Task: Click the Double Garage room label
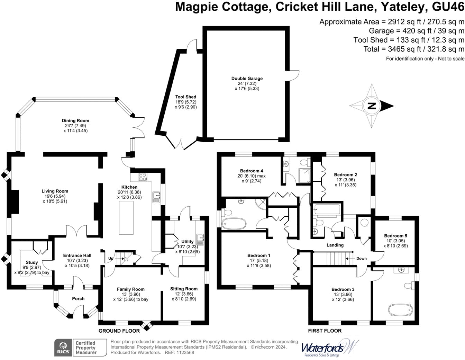tap(247, 79)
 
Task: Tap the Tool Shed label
tap(185, 97)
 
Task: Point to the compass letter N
tap(371, 106)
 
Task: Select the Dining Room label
tap(75, 120)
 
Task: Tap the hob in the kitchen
tap(143, 177)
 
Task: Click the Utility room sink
tap(200, 237)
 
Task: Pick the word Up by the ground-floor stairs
tap(111, 258)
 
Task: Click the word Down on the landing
tap(361, 258)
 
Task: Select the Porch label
tap(78, 298)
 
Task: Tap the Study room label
tap(32, 262)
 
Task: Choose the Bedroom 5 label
tap(395, 236)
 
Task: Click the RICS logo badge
tap(63, 348)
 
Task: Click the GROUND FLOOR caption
tap(119, 331)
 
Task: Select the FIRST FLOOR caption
tap(325, 331)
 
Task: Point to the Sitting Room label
tap(184, 289)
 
